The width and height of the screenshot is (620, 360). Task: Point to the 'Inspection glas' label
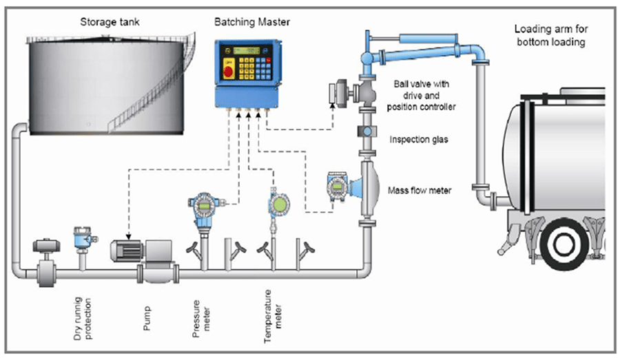click(x=420, y=139)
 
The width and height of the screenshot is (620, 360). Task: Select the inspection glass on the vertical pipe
click(x=366, y=131)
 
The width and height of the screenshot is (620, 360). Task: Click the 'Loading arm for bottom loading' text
click(x=550, y=35)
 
